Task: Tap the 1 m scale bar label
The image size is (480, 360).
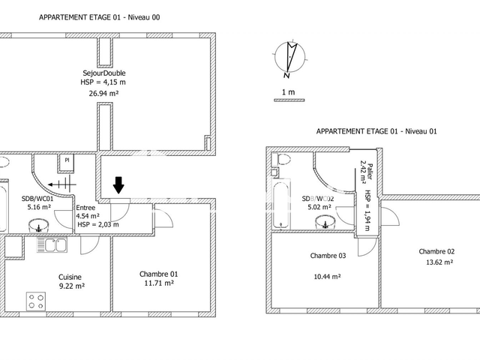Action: [287, 92]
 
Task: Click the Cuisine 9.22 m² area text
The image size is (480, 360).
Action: [72, 281]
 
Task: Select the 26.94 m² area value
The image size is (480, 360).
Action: [104, 93]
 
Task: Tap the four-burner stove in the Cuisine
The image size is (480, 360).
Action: [37, 301]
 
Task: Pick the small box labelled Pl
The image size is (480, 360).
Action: [67, 160]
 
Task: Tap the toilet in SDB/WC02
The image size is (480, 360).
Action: [283, 159]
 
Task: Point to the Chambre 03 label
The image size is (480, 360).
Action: [328, 256]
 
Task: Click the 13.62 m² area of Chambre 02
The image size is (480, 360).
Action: [436, 262]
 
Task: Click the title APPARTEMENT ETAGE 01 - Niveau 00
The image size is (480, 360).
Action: [99, 16]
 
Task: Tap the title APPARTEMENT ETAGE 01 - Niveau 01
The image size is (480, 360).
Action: [376, 130]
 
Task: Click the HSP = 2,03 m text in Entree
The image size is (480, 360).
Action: [98, 224]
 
